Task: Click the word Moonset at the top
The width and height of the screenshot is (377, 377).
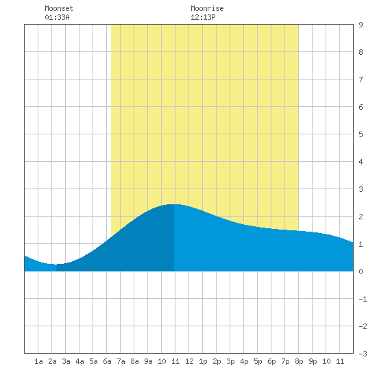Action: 59,8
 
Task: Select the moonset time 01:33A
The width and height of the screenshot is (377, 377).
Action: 57,17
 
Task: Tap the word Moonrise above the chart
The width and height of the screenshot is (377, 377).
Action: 207,8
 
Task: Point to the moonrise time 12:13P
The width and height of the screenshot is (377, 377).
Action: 203,17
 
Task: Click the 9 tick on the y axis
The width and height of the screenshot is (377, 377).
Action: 361,25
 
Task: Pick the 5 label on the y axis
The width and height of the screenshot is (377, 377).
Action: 361,134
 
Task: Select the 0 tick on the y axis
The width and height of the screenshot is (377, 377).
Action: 361,271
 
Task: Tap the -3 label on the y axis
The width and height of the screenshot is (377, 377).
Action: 363,354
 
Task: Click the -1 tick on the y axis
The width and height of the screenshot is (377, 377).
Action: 363,299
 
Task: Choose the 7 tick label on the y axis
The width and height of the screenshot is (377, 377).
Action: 361,80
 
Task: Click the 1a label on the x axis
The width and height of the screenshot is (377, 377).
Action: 38,361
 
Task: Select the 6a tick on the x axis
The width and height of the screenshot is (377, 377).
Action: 107,361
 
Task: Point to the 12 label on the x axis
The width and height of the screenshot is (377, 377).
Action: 189,361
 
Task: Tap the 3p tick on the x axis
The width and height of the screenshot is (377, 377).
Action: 230,361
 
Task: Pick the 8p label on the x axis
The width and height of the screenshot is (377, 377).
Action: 299,361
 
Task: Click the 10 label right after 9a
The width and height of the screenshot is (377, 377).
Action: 162,361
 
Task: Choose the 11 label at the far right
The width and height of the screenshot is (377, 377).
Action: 340,361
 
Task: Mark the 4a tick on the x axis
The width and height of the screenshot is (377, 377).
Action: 80,361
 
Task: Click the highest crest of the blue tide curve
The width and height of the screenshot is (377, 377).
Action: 174,204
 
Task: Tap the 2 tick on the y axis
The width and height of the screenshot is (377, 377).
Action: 361,217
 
